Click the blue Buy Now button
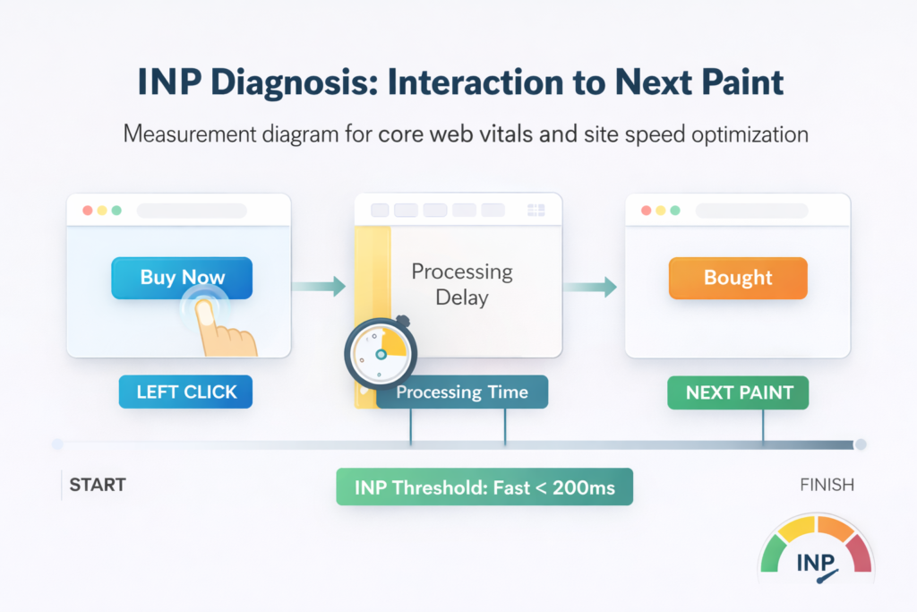point(182,278)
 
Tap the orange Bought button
point(738,278)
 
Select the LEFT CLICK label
point(185,392)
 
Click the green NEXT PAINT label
point(738,392)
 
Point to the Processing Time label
point(462,392)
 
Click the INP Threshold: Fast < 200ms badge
point(484,487)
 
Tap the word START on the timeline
point(98,486)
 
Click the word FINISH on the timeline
point(827,486)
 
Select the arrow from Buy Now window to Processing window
point(319,287)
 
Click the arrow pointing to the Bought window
point(592,287)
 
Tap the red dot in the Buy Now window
point(88,211)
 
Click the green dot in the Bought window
point(675,211)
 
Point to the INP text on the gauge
point(816,565)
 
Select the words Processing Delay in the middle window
point(461,283)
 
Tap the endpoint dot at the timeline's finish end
point(861,444)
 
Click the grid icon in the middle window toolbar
point(536,211)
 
